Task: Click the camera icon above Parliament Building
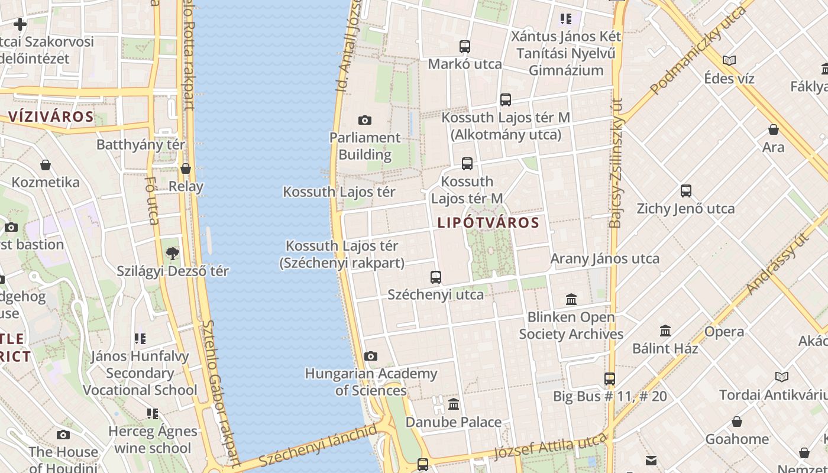365,121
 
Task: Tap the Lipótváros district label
489,223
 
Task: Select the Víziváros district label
51,116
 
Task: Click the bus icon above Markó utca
465,47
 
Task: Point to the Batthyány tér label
141,145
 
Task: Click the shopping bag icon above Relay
186,169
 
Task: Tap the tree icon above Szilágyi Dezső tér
172,254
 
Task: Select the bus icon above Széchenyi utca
436,277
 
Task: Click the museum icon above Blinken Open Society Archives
571,300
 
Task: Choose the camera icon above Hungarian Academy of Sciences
371,356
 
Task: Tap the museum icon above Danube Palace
454,404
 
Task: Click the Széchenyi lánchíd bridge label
318,445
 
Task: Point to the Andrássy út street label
777,263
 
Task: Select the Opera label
724,332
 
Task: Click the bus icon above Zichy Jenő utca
686,191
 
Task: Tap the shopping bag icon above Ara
774,129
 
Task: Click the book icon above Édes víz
729,60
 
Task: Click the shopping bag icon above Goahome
737,422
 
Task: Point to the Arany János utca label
604,259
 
